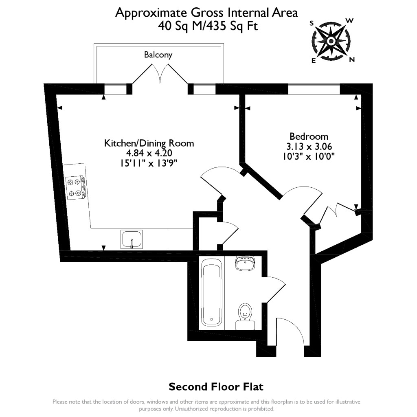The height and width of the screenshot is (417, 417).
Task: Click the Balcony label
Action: (158, 55)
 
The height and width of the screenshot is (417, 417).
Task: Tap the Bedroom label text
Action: (309, 136)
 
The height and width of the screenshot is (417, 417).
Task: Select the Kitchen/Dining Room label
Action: (149, 143)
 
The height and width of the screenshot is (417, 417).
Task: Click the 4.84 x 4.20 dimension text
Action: (149, 154)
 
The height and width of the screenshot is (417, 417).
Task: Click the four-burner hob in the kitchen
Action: (76, 188)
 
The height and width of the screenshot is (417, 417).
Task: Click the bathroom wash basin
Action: (245, 264)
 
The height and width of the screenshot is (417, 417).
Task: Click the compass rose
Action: (331, 41)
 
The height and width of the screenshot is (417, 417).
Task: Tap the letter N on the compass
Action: (352, 60)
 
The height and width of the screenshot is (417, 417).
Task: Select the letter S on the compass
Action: (312, 23)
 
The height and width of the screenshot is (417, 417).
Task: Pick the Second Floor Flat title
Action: (216, 386)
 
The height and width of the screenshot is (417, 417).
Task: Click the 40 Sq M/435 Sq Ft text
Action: (208, 26)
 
